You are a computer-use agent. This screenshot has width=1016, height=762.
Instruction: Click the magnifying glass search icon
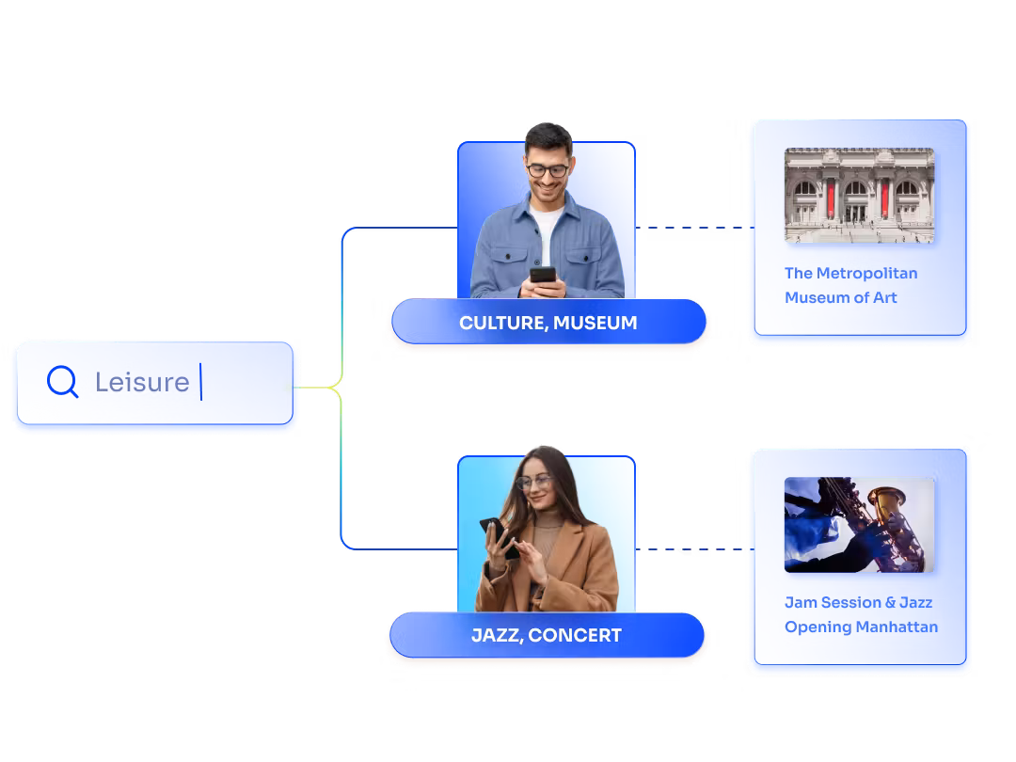click(x=62, y=382)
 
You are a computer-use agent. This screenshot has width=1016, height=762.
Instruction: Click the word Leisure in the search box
click(x=142, y=382)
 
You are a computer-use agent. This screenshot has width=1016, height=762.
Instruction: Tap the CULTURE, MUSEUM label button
click(x=548, y=323)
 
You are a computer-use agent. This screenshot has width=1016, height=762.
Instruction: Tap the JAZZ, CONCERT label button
click(x=546, y=635)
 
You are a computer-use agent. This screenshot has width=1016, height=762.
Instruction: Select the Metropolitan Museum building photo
click(x=859, y=195)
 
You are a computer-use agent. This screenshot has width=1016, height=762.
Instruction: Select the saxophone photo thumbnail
click(x=859, y=524)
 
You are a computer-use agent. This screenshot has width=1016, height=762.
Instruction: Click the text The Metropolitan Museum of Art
click(x=850, y=285)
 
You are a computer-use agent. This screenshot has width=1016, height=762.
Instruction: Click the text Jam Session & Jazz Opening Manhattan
click(x=861, y=614)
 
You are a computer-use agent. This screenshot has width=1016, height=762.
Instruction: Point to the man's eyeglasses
click(x=547, y=171)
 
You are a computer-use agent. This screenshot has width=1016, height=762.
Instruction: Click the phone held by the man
click(x=543, y=275)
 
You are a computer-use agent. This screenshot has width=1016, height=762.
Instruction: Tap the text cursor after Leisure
click(x=200, y=382)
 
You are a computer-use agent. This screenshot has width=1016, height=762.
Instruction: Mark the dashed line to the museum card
click(x=693, y=228)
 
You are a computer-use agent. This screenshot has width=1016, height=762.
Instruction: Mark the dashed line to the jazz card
click(x=693, y=549)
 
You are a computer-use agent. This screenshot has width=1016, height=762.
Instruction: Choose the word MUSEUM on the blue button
click(x=595, y=323)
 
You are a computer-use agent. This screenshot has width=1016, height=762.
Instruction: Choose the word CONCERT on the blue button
click(x=575, y=635)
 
